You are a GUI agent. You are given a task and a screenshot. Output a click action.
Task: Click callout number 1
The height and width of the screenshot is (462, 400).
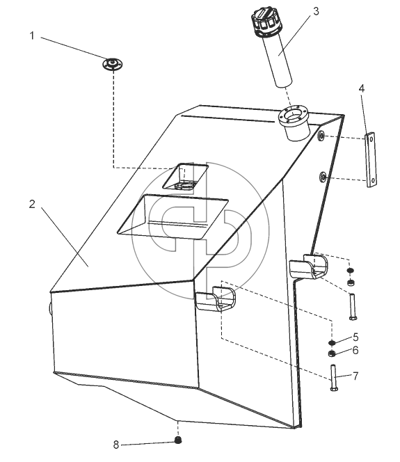32,36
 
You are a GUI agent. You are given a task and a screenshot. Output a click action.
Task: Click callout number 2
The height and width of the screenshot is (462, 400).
32,204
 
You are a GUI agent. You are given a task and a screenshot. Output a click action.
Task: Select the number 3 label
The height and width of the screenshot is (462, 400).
316,12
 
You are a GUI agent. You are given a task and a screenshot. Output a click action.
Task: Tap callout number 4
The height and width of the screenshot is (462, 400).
362,88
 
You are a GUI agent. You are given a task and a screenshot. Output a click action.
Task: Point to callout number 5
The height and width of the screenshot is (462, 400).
355,337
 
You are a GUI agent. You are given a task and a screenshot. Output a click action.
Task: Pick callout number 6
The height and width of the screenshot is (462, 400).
355,351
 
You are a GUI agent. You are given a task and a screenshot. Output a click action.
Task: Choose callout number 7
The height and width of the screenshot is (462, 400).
355,376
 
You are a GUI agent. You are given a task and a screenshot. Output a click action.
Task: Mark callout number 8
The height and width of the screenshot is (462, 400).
116,445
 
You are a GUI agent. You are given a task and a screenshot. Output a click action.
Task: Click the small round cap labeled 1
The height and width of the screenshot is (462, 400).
112,64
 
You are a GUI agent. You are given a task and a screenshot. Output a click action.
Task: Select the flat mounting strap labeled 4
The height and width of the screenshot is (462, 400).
371,160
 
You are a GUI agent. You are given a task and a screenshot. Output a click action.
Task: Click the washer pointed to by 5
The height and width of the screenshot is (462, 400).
333,342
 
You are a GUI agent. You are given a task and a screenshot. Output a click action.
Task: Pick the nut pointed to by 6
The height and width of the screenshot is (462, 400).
332,353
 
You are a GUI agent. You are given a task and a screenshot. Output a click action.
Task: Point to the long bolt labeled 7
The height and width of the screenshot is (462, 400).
334,378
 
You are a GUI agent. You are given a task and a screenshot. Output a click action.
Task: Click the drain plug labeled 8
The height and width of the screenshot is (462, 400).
177,440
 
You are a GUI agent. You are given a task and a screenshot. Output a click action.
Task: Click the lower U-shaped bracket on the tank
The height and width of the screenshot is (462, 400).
216,298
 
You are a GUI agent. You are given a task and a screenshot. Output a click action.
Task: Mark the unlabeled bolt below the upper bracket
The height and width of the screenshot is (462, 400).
353,306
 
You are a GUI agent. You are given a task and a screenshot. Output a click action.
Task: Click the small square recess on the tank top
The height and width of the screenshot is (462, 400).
186,176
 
